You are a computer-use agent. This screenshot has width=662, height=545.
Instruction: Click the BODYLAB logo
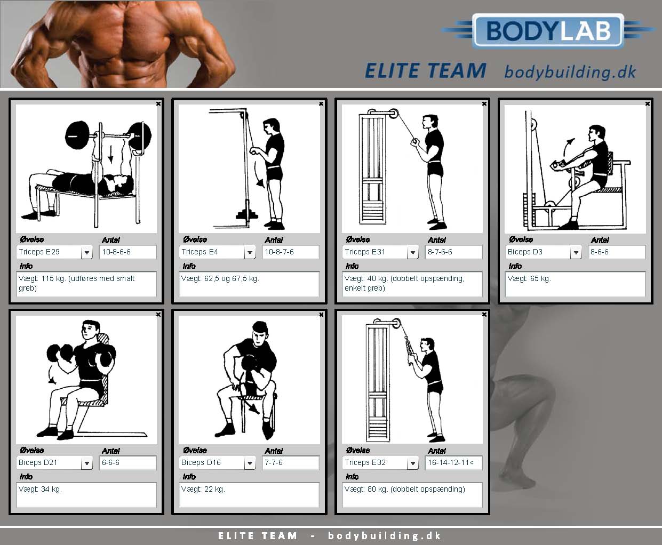pyautogui.click(x=548, y=31)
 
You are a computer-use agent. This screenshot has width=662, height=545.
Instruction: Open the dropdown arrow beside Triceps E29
pyautogui.click(x=86, y=252)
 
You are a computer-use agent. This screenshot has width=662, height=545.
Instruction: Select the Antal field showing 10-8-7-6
pyautogui.click(x=291, y=252)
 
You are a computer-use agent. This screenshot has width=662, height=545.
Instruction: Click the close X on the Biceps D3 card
pyautogui.click(x=648, y=103)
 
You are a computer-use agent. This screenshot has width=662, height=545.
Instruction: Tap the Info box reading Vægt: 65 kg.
pyautogui.click(x=576, y=284)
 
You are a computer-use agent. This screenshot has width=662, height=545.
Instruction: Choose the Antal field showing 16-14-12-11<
pyautogui.click(x=454, y=462)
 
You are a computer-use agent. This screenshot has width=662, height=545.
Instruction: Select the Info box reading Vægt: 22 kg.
pyautogui.click(x=250, y=494)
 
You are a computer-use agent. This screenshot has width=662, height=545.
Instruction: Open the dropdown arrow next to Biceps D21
pyautogui.click(x=86, y=463)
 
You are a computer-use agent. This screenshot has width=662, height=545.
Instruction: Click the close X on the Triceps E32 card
pyautogui.click(x=484, y=315)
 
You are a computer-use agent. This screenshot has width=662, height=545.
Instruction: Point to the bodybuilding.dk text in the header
pyautogui.click(x=570, y=72)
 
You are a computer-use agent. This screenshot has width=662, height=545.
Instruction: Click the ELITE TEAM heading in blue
pyautogui.click(x=426, y=70)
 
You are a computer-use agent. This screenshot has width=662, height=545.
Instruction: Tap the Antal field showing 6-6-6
pyautogui.click(x=128, y=462)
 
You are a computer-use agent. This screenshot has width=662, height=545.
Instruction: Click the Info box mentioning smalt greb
pyautogui.click(x=86, y=284)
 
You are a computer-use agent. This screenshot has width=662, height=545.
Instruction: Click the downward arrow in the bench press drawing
pyautogui.click(x=110, y=154)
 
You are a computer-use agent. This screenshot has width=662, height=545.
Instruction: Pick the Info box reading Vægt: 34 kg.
pyautogui.click(x=86, y=494)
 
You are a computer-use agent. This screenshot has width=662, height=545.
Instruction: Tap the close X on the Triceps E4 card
pyautogui.click(x=321, y=103)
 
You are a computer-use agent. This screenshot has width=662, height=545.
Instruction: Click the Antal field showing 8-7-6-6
pyautogui.click(x=454, y=252)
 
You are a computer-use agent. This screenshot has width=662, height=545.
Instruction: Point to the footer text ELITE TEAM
pyautogui.click(x=258, y=536)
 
